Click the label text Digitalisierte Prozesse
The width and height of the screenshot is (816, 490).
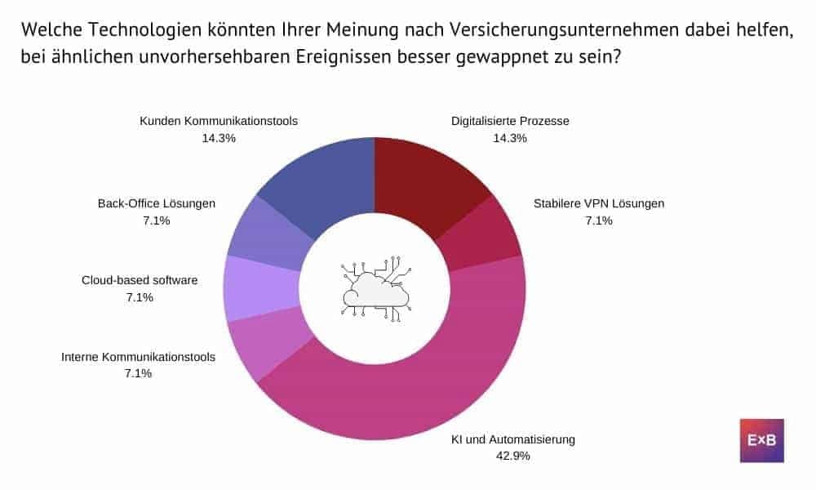coord(510,121)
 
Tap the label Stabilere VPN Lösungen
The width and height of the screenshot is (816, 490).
coord(598,203)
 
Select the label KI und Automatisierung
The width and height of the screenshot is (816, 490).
coord(513,439)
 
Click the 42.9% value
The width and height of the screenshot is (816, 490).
coord(513,456)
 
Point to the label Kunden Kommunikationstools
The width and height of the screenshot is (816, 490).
coord(219,121)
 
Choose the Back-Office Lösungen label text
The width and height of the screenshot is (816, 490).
coord(156,203)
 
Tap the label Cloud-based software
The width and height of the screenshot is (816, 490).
coord(140,280)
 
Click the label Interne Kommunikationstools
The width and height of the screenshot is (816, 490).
coord(139,357)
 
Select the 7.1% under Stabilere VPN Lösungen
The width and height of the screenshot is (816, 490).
coord(598,220)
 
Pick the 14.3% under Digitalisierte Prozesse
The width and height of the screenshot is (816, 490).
coord(510,138)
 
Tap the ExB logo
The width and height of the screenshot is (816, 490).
coord(761,441)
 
